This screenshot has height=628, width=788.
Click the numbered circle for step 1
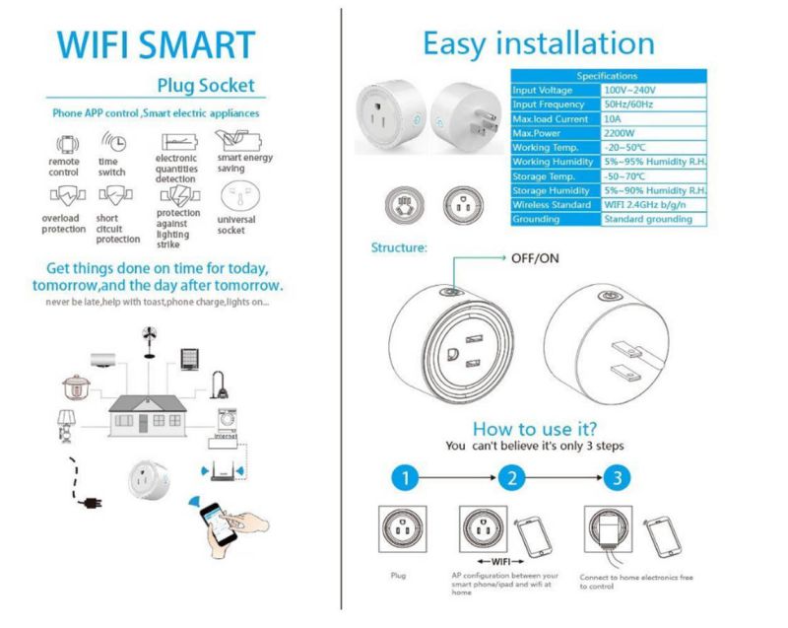click(x=402, y=479)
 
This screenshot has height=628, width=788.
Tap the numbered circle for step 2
click(x=509, y=479)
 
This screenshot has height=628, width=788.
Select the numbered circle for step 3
click(x=617, y=479)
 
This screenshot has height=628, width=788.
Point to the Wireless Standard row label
click(x=554, y=204)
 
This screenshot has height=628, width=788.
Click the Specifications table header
click(x=607, y=76)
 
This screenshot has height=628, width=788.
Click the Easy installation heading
click(x=538, y=43)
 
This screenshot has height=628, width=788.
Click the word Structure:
click(x=398, y=248)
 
